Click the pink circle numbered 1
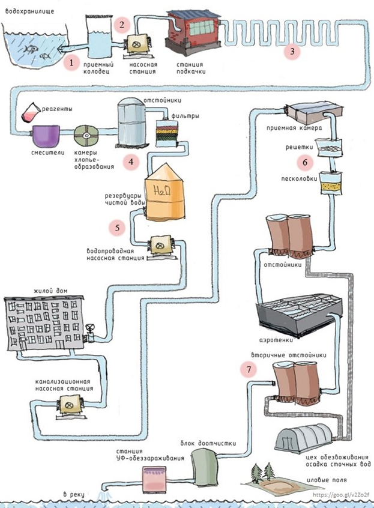click(71, 62)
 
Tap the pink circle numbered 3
click(292, 51)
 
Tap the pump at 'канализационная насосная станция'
click(69, 407)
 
